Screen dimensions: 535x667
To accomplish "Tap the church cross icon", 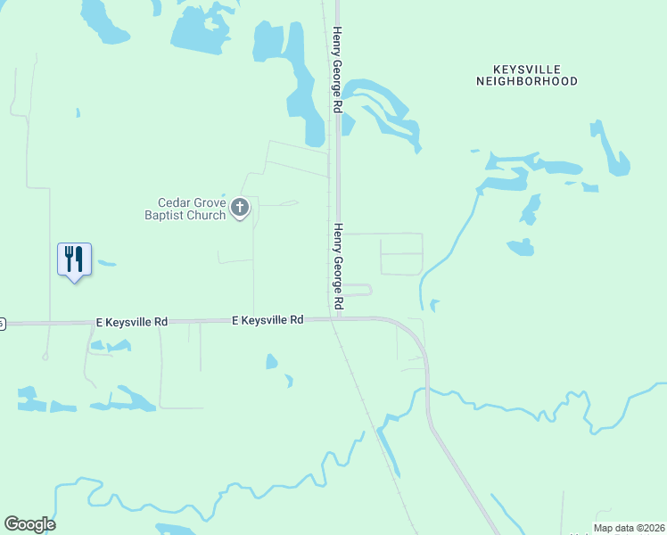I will (239, 209).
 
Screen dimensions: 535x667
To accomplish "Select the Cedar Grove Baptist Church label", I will (185, 209).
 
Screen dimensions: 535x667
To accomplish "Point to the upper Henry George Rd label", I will (337, 70).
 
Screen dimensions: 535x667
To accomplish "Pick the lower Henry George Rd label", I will (338, 267).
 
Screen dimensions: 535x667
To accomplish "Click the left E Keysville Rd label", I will (132, 321).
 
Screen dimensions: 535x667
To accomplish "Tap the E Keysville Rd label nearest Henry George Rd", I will (268, 319).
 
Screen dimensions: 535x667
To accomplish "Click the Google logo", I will (29, 524).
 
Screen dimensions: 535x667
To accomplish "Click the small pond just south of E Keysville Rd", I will (271, 361).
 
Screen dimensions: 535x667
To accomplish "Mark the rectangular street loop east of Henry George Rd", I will (401, 254).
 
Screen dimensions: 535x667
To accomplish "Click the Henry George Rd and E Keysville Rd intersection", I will (338, 318).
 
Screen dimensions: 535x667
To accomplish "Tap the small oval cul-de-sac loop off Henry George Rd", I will (358, 290).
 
